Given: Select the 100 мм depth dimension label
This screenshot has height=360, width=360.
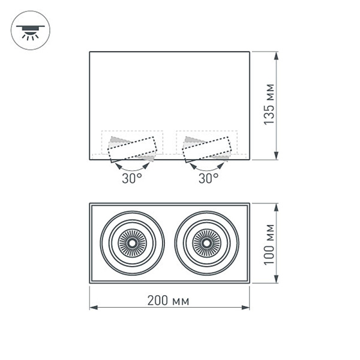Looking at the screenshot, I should point(270,243).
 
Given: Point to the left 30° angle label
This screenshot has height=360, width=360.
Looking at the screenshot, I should point(132,178).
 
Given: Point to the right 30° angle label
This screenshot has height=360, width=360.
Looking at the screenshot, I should point(208,178).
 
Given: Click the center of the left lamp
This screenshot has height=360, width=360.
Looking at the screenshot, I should point(131,242).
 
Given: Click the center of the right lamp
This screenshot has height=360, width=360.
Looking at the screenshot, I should point(207,242).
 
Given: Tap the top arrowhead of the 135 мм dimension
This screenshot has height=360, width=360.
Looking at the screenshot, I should point(277,56).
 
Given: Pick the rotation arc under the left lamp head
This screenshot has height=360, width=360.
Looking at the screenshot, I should point(132,166).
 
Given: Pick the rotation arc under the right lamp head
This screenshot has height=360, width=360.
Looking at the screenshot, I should point(208,166).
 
